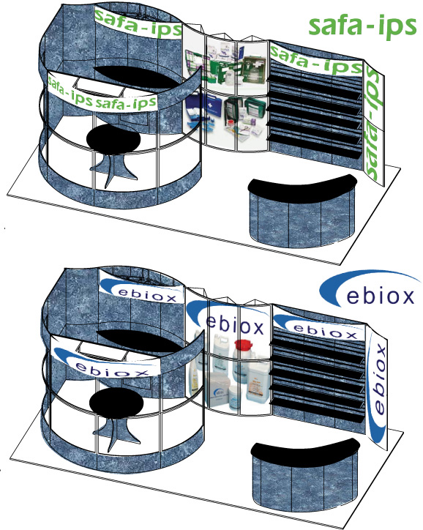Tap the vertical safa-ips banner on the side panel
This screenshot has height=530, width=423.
click(373, 123)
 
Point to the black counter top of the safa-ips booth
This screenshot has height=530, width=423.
click(302, 187)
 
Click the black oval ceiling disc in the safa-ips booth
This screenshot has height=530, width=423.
click(138, 74)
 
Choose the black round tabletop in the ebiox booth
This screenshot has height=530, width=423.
click(116, 402)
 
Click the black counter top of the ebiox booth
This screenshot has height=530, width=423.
click(304, 450)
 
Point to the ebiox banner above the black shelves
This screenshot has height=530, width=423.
click(320, 326)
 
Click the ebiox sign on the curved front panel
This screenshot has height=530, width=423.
click(105, 361)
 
